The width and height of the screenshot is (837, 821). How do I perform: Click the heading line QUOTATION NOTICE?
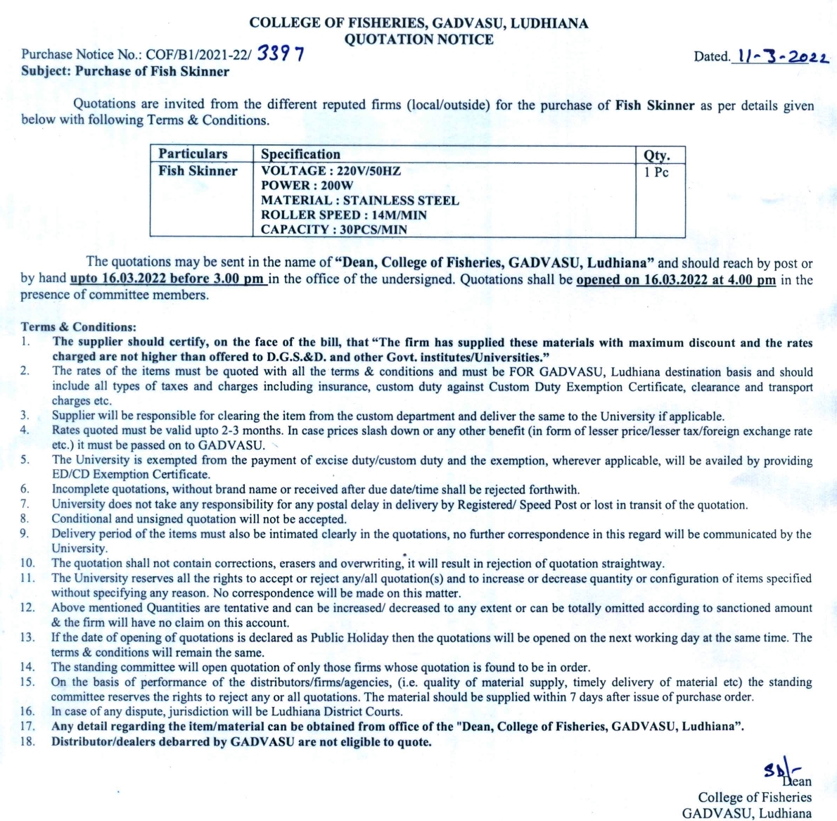coord(419,39)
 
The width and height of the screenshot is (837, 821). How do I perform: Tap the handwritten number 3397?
coord(281,53)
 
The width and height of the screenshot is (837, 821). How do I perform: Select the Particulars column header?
coord(193,154)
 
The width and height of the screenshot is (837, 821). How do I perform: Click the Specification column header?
coord(300,154)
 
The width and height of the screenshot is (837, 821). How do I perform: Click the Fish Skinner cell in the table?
coord(198,171)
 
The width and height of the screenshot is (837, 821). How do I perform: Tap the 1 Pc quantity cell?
coord(656,172)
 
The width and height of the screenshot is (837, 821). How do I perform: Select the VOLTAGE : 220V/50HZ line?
coord(331,170)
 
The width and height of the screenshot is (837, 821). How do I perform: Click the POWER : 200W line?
coord(307,185)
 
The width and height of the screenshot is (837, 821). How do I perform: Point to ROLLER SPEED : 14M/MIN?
coord(343,215)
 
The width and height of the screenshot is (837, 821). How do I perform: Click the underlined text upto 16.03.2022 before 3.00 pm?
coord(167,279)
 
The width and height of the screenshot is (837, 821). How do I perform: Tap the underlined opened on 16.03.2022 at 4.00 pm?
coord(676,280)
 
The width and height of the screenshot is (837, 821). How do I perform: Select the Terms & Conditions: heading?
coord(79,327)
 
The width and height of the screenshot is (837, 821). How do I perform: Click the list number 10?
coord(27,563)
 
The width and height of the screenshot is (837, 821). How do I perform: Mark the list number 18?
coord(27,742)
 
